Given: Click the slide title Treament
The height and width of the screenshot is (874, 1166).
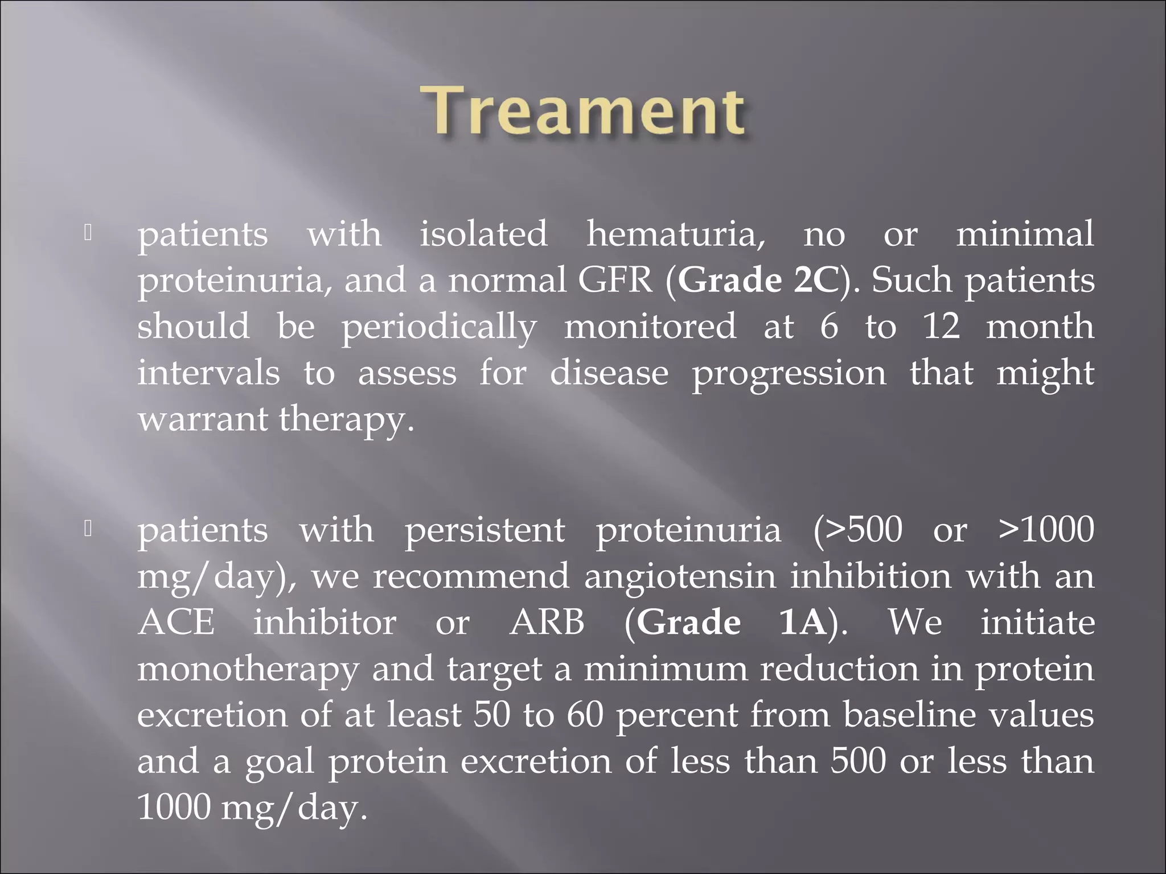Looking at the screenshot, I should point(582,110).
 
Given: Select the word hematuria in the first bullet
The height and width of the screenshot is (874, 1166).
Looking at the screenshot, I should point(676,234).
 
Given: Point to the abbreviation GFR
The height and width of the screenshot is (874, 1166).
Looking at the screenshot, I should point(615,281).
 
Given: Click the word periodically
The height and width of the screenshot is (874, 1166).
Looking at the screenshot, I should point(438,327).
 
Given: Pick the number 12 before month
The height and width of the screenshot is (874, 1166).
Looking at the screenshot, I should point(941,327).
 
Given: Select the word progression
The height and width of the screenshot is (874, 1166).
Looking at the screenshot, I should point(789,374).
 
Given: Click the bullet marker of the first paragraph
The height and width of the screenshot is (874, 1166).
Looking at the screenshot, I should point(88,233).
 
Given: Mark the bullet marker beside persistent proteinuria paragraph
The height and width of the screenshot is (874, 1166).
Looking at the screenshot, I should point(88,529).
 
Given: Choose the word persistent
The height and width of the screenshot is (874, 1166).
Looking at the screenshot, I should point(485,530).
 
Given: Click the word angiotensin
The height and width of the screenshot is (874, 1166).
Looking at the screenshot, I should point(680,576).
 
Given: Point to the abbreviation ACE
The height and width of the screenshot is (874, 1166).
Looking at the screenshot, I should point(176,622).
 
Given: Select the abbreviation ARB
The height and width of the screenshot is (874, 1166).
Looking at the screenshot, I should point(547,622).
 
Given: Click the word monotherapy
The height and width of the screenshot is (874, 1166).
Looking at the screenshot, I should point(248,669).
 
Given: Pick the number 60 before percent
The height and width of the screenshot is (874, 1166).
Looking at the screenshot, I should point(585,715).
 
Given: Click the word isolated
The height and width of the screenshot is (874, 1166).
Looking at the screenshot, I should point(483,234).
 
